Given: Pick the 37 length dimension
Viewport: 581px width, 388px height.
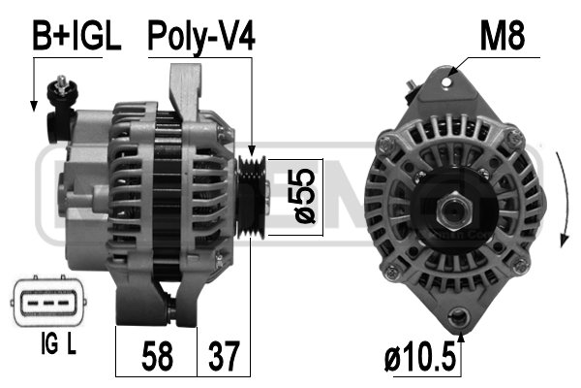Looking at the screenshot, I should click(223, 356).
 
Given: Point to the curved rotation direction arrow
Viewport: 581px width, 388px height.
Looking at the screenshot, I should click(563, 199).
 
